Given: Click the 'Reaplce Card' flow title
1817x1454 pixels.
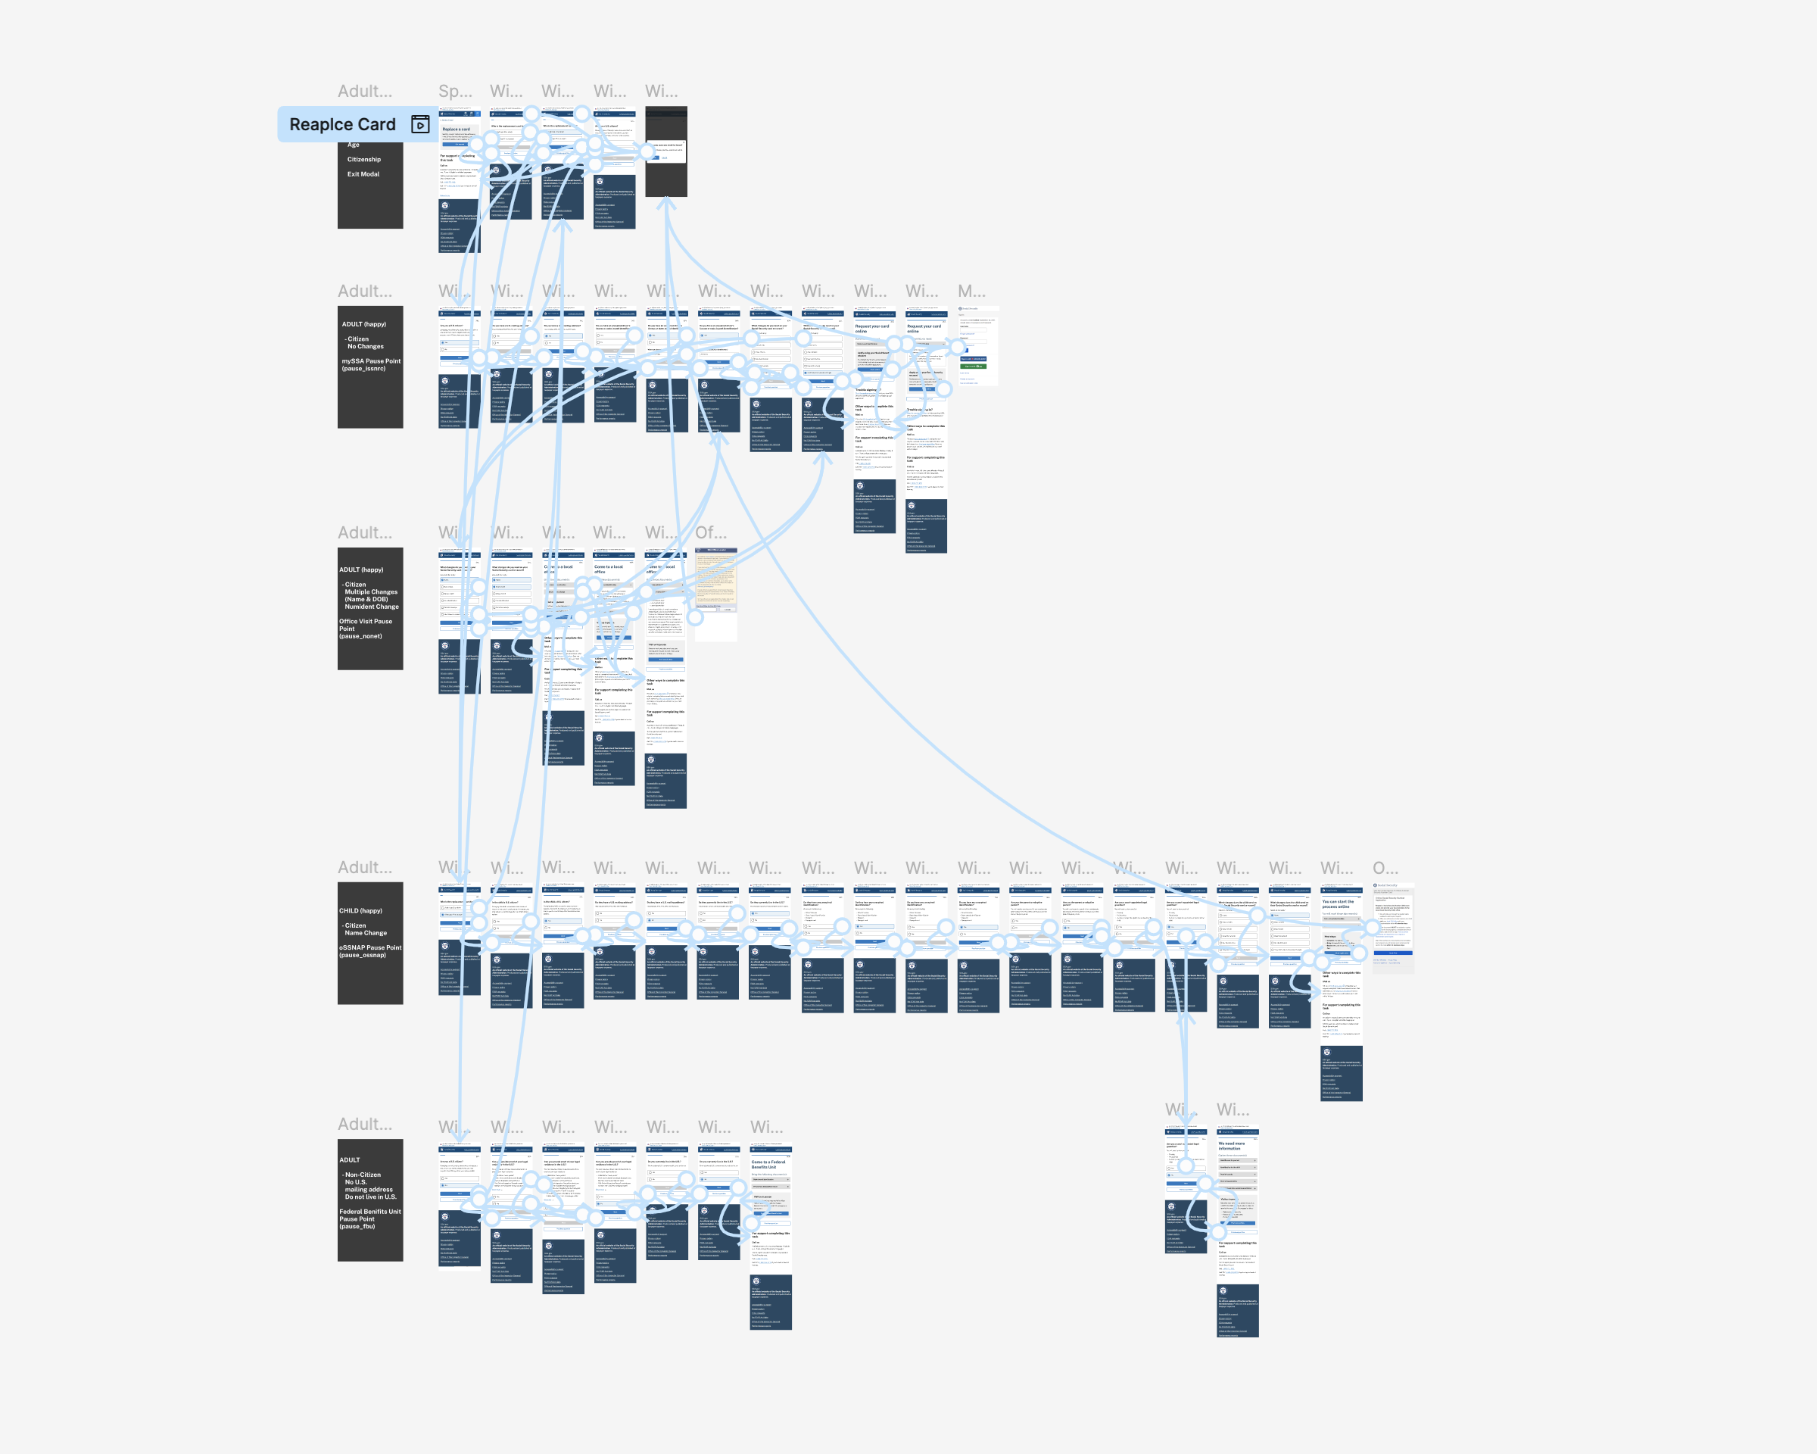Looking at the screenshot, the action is [x=342, y=125].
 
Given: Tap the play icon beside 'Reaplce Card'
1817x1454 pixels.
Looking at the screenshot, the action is [x=419, y=125].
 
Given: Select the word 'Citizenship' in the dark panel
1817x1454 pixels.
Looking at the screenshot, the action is [x=364, y=159].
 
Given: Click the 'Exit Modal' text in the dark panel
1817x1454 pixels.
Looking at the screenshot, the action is [x=363, y=174].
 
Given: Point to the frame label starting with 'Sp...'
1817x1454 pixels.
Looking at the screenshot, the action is [x=455, y=91].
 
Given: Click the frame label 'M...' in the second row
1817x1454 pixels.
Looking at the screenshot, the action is [x=971, y=291].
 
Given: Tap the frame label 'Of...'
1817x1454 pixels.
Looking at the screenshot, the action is [x=710, y=532].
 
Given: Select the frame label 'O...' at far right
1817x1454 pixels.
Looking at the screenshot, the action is [x=1385, y=867].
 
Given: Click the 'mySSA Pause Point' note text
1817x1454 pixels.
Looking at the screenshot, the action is [x=371, y=361].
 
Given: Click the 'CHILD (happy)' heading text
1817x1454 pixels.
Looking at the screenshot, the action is [x=360, y=910].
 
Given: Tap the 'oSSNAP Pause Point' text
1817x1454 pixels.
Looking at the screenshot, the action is [x=370, y=947].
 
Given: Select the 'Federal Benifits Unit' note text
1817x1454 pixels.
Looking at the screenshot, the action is [x=370, y=1211].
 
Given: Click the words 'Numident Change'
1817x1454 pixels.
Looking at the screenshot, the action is [x=372, y=607].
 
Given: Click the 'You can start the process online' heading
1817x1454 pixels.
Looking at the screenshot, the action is [x=1338, y=903].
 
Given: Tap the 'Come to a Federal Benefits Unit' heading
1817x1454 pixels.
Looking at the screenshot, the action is [x=768, y=1164].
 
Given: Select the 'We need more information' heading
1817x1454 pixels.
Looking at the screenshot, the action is [x=1231, y=1146].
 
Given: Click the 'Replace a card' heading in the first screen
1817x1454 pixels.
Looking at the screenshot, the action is [x=456, y=129].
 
